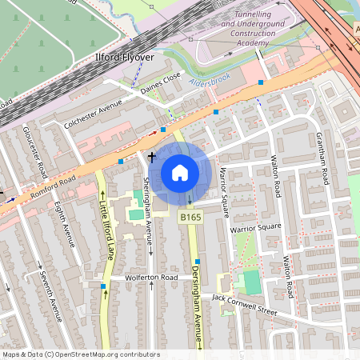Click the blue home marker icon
click(180, 173)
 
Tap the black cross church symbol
click(151, 159)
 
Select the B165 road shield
click(190, 217)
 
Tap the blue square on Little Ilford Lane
click(103, 286)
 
